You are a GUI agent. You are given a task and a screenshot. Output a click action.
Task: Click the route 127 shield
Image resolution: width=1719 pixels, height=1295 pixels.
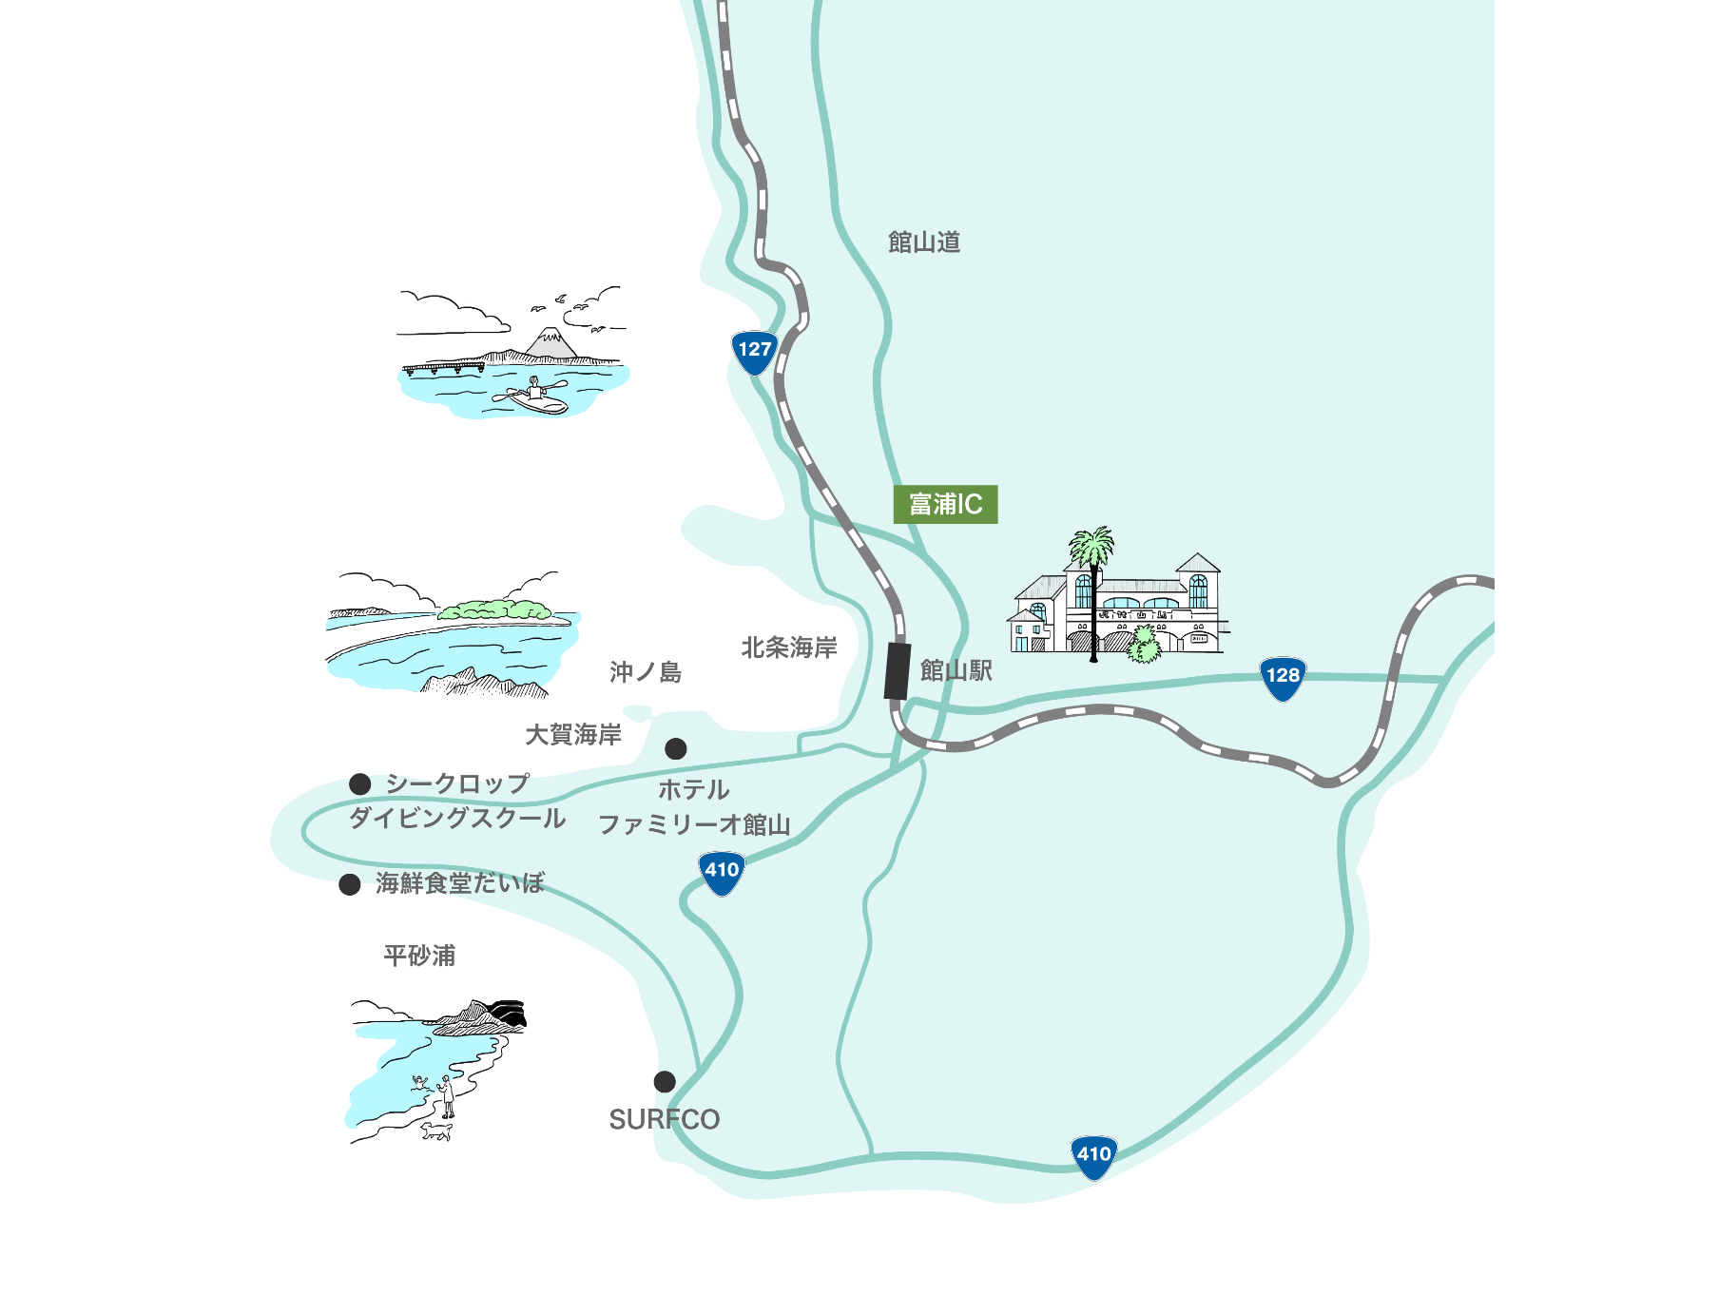pyautogui.click(x=755, y=352)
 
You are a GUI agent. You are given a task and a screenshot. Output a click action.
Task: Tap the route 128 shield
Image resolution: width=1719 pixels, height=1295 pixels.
pyautogui.click(x=1283, y=678)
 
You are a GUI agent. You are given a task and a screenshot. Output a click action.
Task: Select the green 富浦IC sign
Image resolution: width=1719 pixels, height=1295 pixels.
pyautogui.click(x=945, y=504)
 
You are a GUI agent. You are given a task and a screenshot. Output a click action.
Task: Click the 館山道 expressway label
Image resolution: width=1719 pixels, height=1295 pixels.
pyautogui.click(x=924, y=242)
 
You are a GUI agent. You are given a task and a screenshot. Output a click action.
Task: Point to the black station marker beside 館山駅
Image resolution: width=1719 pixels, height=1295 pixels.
pyautogui.click(x=898, y=671)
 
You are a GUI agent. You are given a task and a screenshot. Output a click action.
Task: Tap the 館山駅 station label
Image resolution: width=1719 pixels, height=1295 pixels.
pyautogui.click(x=956, y=671)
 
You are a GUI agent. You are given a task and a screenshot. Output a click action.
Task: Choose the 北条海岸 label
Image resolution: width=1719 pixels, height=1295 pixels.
pyautogui.click(x=789, y=647)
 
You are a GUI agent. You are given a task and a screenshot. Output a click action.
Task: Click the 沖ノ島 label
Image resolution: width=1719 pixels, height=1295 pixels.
pyautogui.click(x=646, y=672)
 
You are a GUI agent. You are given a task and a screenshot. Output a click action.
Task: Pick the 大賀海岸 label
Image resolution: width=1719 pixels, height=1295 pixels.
pyautogui.click(x=573, y=734)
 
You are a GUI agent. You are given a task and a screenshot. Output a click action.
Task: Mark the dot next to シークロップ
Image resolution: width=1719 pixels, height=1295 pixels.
pyautogui.click(x=359, y=783)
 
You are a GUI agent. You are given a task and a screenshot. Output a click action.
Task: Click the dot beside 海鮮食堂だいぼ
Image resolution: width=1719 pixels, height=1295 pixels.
pyautogui.click(x=350, y=884)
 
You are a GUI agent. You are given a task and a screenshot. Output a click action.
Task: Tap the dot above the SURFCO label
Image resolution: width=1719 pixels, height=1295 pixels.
pyautogui.click(x=665, y=1081)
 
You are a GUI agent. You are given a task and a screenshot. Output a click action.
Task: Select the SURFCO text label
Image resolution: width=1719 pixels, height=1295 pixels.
pyautogui.click(x=664, y=1119)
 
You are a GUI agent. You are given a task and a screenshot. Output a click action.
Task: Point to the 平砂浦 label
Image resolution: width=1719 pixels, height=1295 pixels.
pyautogui.click(x=419, y=955)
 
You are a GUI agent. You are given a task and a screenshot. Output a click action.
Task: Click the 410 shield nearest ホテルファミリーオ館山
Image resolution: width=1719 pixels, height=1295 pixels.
pyautogui.click(x=722, y=872)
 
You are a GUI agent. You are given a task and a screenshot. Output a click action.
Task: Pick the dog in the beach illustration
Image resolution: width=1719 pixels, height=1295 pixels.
pyautogui.click(x=437, y=1131)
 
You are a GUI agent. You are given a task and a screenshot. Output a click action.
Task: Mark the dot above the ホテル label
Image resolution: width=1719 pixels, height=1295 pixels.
pyautogui.click(x=676, y=748)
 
